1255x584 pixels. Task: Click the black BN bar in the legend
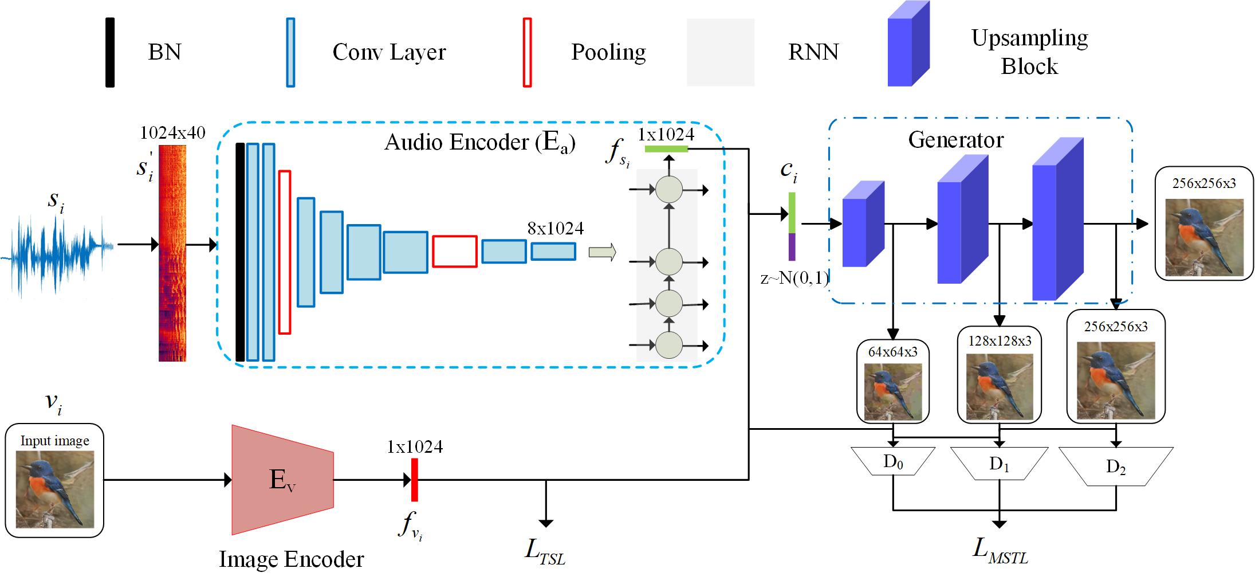(110, 52)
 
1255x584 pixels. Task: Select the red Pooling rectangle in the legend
(527, 52)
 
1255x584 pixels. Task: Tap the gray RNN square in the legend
(720, 52)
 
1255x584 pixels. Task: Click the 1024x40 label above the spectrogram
(172, 133)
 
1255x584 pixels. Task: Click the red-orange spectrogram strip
(172, 253)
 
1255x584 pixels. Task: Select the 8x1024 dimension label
(555, 229)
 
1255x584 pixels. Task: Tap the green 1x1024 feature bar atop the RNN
(666, 149)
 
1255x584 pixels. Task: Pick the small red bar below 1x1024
(414, 480)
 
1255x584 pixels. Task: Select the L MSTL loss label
(1000, 550)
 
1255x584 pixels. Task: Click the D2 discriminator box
(1115, 466)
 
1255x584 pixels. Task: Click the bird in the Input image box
(54, 489)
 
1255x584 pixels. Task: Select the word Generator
(956, 140)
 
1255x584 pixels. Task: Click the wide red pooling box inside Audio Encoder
(454, 251)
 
